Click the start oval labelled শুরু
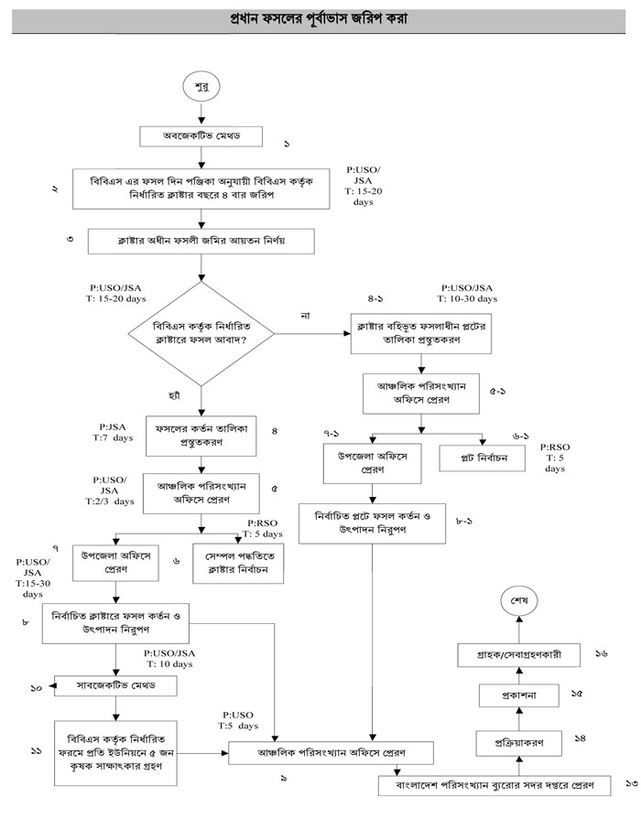tap(201, 88)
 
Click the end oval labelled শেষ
tap(518, 601)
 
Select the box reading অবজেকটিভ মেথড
tap(201, 136)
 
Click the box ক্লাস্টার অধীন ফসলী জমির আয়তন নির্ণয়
tap(201, 241)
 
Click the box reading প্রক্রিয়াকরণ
tap(518, 743)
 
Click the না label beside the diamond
tap(306, 316)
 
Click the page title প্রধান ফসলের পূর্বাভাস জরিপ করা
tap(320, 17)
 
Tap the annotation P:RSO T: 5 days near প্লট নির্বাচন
tap(555, 456)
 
